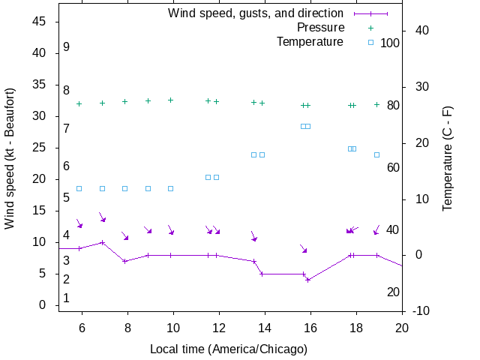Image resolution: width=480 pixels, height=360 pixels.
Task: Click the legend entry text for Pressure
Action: click(310, 28)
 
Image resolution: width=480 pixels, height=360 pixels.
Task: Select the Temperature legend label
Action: click(310, 41)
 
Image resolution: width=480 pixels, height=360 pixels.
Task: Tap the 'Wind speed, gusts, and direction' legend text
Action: click(256, 13)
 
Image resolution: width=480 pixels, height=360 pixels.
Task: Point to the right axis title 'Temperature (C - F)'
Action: click(448, 157)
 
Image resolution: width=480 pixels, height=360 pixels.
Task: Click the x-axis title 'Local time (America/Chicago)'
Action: click(229, 349)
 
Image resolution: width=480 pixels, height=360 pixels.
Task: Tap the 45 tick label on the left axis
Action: click(40, 22)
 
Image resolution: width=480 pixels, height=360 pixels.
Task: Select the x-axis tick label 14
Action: click(265, 327)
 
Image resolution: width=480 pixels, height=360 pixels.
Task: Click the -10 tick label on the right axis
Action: click(421, 311)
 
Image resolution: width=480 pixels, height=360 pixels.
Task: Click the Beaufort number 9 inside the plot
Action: click(67, 47)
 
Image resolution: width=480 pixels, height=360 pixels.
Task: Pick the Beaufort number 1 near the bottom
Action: click(67, 298)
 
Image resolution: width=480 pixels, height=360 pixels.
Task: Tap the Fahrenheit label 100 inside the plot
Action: click(390, 43)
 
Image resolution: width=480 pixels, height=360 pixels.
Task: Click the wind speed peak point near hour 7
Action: click(102, 242)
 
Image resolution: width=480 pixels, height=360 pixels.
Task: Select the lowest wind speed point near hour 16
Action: click(308, 280)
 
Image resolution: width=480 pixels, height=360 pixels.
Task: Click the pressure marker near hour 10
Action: click(171, 100)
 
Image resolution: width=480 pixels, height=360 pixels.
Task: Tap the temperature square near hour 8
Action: click(125, 188)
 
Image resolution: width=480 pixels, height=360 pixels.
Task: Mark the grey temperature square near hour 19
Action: click(376, 154)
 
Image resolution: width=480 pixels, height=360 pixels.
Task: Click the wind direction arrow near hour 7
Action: click(103, 217)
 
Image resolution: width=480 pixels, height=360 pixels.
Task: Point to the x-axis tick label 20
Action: click(402, 327)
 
